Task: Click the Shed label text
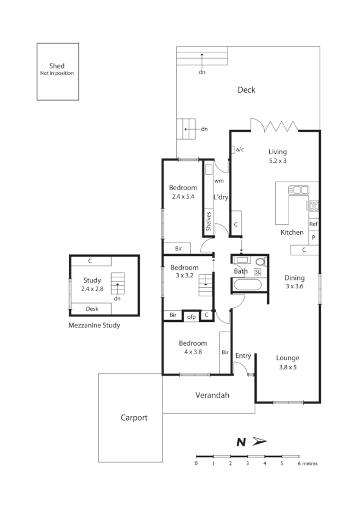coord(57,66)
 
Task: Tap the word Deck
coord(246,90)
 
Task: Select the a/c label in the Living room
coord(240,149)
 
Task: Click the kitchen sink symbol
coord(298,190)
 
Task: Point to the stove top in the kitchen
coord(314,205)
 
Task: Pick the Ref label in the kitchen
coord(314,224)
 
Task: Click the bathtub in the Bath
coord(248,285)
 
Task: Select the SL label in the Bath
coord(257,271)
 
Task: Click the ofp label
coord(191,316)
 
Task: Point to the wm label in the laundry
coord(217,181)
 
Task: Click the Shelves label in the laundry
coord(209,220)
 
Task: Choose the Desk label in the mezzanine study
coord(92,309)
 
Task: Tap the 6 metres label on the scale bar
coord(307,464)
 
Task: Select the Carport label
coord(134,418)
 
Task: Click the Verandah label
coord(212,396)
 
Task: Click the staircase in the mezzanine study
coord(118,284)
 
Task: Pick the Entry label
coord(243,356)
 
